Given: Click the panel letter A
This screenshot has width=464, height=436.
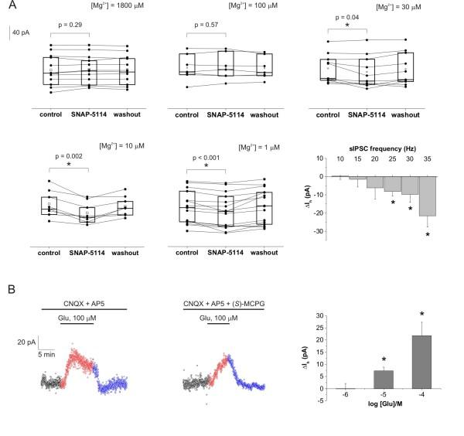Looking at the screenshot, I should pos(11,7).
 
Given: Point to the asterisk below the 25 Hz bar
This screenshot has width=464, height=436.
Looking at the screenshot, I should pos(393,203).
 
